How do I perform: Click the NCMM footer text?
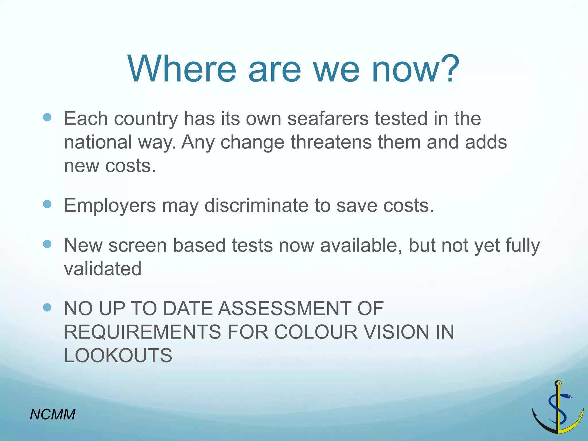coord(53,414)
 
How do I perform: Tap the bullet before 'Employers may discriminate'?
coord(47,204)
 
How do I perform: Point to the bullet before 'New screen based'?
coord(47,244)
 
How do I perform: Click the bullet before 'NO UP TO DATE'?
coord(47,307)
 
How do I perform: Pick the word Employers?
coord(110,206)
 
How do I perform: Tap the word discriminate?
coord(256,206)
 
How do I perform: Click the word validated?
coord(102,269)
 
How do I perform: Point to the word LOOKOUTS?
coord(118,355)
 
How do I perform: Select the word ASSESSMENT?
coord(284,308)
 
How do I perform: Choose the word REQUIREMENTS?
coord(142,332)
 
